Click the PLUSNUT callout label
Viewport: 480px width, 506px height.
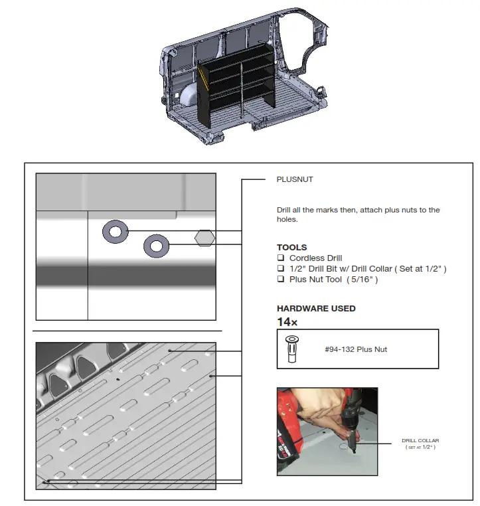coord(294,179)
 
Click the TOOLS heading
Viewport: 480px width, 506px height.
coord(291,247)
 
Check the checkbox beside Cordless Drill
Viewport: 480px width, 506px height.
coord(281,258)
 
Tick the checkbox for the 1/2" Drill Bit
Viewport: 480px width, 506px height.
coord(281,269)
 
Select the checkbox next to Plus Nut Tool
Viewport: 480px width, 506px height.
coord(281,280)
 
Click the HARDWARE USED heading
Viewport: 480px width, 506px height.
coord(316,308)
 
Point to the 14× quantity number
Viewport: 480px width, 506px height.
coord(287,321)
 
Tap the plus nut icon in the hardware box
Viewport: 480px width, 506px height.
coord(291,349)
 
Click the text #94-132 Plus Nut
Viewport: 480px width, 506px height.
coord(356,349)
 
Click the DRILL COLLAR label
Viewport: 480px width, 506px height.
coord(420,440)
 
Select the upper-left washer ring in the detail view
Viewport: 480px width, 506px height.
coord(115,232)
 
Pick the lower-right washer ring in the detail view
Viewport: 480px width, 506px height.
coord(156,246)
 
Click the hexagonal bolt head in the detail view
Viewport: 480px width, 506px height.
coord(204,237)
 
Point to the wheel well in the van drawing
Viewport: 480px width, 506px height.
coord(190,96)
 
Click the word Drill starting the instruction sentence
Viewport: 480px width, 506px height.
coord(285,211)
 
